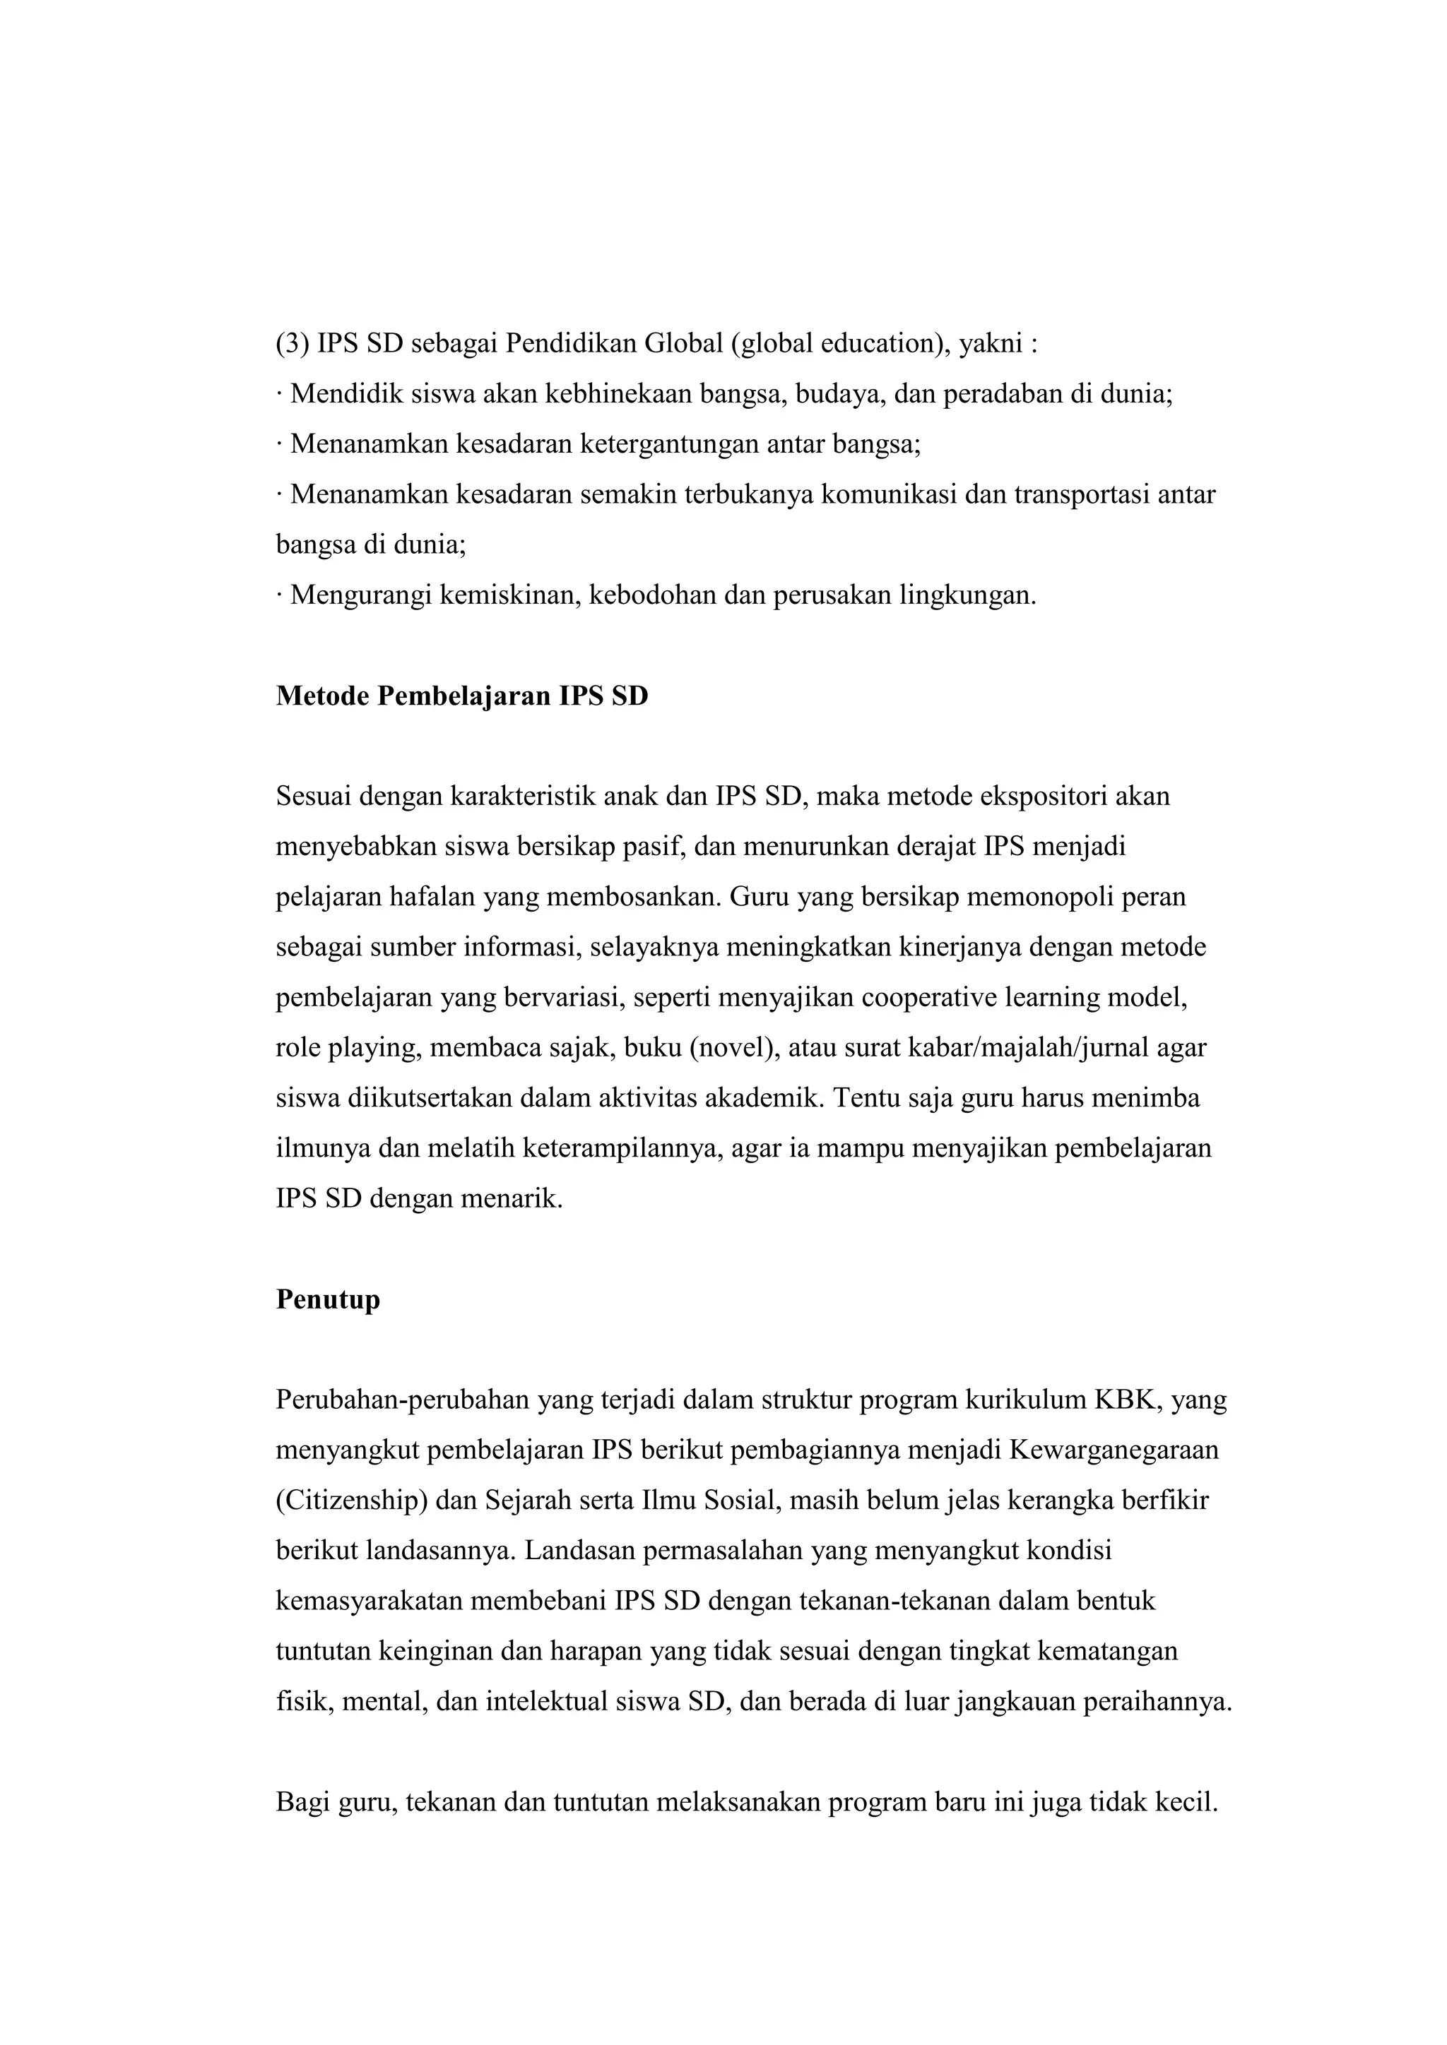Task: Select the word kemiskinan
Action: (x=505, y=595)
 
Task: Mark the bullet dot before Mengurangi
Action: (x=279, y=595)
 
